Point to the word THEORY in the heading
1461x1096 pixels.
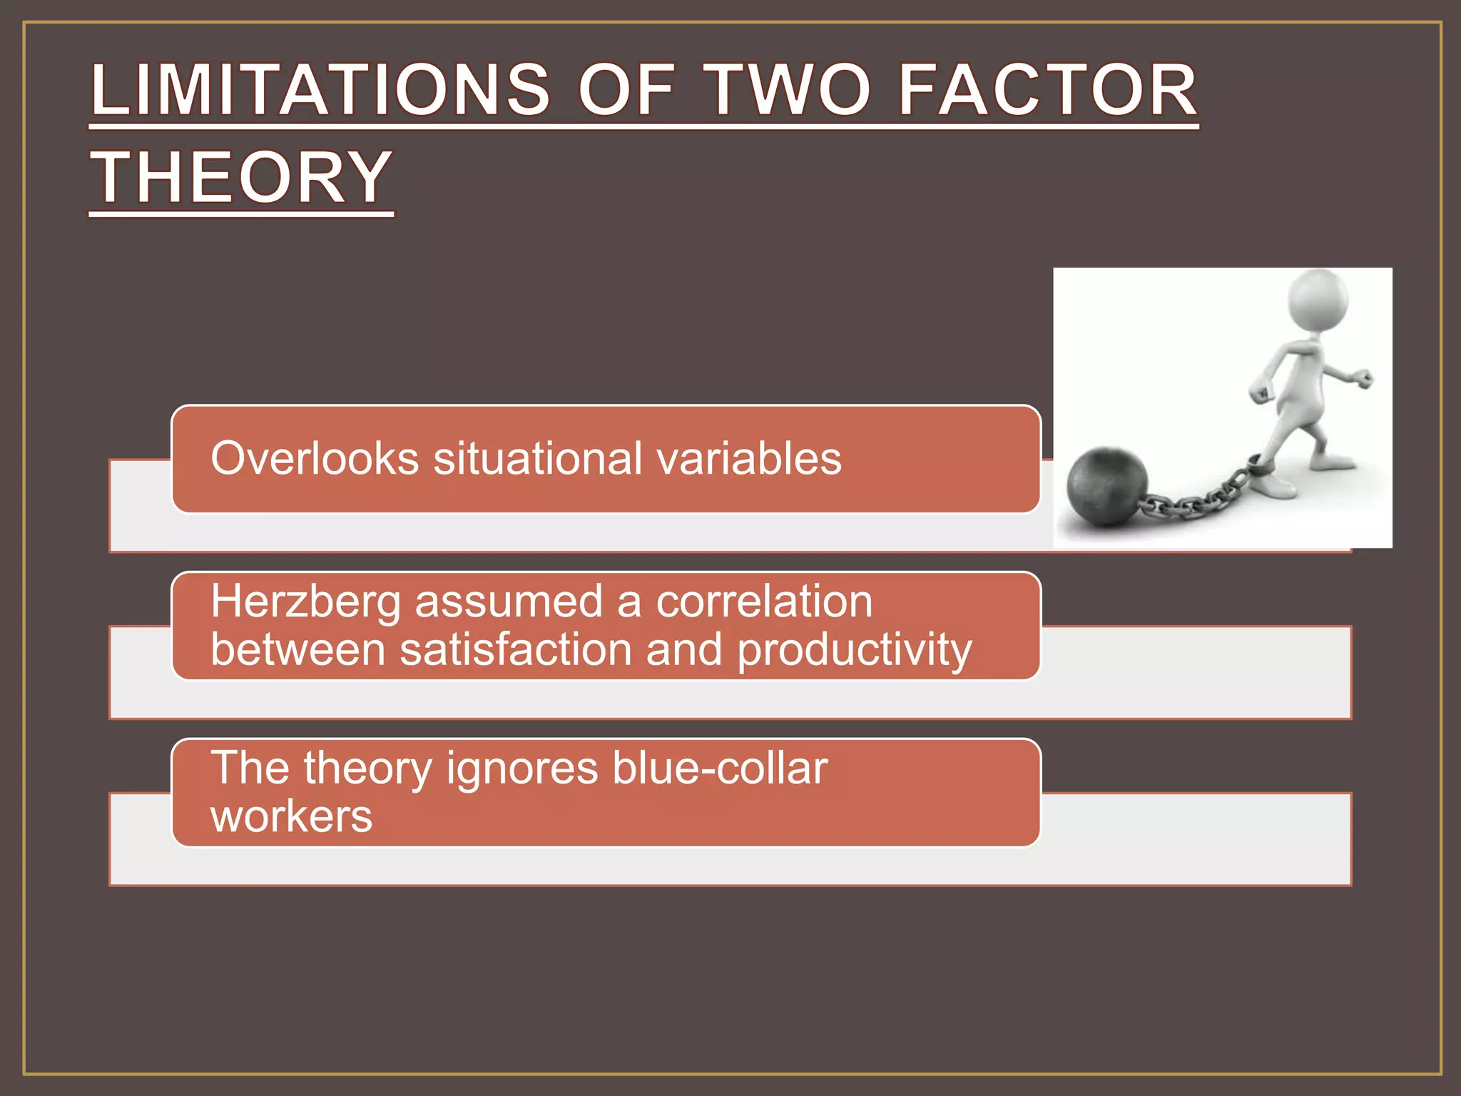241,177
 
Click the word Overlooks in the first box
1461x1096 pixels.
315,458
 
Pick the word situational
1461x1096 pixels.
538,458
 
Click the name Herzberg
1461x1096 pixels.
305,602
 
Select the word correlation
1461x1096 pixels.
764,602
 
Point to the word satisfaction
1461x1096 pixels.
516,649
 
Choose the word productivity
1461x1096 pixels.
855,651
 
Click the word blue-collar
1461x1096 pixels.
720,768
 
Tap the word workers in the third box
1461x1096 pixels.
291,816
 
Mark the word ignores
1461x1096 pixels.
522,769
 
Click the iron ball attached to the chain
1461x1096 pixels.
1107,487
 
